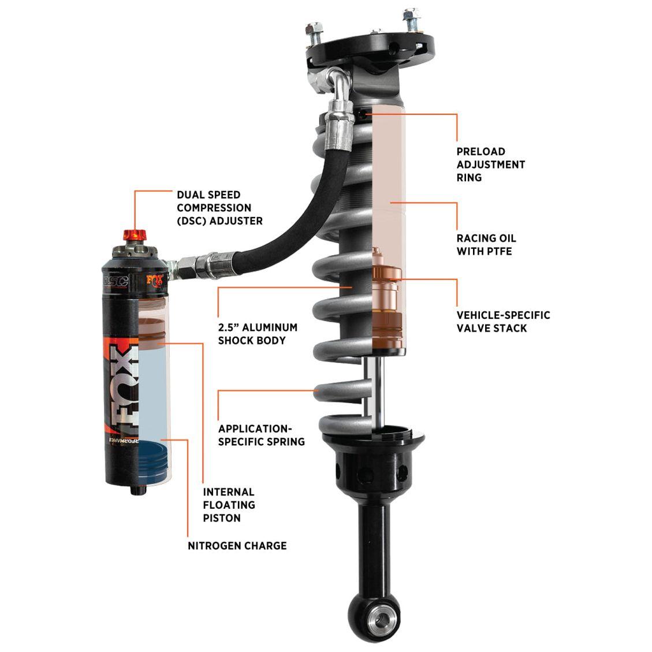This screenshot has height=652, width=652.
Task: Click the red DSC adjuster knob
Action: (x=135, y=236)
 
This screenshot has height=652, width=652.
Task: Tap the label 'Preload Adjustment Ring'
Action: (x=490, y=165)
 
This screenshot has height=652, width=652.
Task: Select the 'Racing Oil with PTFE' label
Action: (x=486, y=244)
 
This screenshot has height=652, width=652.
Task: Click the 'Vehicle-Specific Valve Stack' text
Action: (x=503, y=322)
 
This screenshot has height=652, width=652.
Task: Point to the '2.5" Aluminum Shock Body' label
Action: (x=258, y=334)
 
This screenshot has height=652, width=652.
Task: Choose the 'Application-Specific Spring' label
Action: (x=261, y=435)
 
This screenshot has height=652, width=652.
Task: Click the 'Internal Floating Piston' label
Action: (x=229, y=505)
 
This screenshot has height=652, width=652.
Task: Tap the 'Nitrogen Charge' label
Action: (x=237, y=545)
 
